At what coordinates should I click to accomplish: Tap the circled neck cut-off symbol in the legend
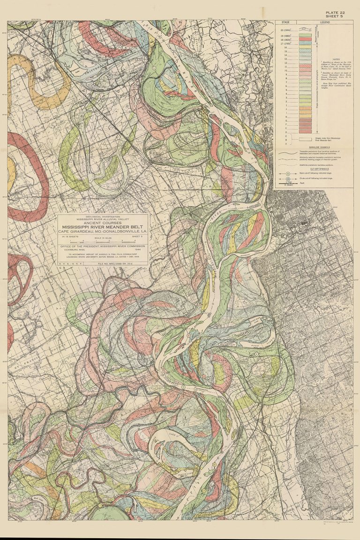[x=287, y=173]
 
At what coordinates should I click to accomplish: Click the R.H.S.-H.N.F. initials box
[x=70, y=264]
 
